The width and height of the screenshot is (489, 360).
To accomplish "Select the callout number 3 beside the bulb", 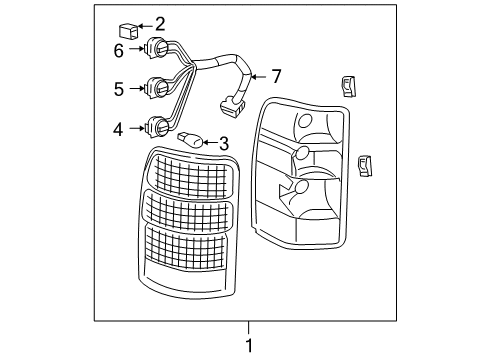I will pos(224,144).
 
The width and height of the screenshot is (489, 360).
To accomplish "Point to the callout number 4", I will pos(119,128).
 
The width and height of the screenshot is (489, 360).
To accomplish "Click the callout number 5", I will pos(119,88).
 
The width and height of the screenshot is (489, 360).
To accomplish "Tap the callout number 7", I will pos(276,76).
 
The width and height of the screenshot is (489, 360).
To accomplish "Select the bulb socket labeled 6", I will pos(156,47).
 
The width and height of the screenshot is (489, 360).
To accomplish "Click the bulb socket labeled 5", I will pos(155,87).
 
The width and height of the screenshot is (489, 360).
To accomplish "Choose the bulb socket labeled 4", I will pos(156,127).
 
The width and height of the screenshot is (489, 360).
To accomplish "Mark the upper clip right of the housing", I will pos(350,87).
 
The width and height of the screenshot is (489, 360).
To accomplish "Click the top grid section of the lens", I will pos(190,175).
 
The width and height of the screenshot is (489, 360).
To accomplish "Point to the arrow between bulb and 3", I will pos(209,144).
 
